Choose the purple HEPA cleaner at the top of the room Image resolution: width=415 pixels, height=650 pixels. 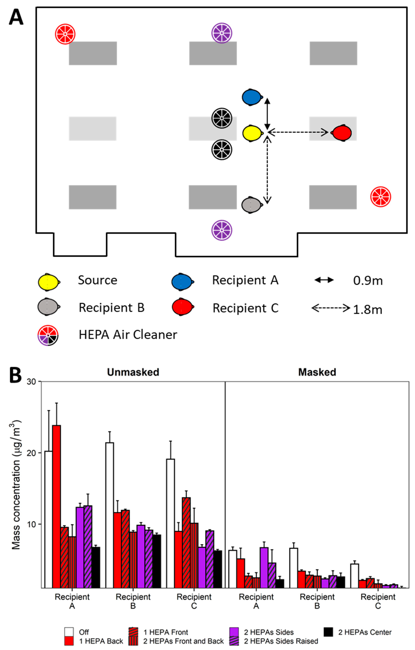click(222, 33)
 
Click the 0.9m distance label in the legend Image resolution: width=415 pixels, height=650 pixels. click(368, 281)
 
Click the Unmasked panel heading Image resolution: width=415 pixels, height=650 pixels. click(133, 372)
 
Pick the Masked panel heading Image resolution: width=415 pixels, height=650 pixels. click(317, 372)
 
